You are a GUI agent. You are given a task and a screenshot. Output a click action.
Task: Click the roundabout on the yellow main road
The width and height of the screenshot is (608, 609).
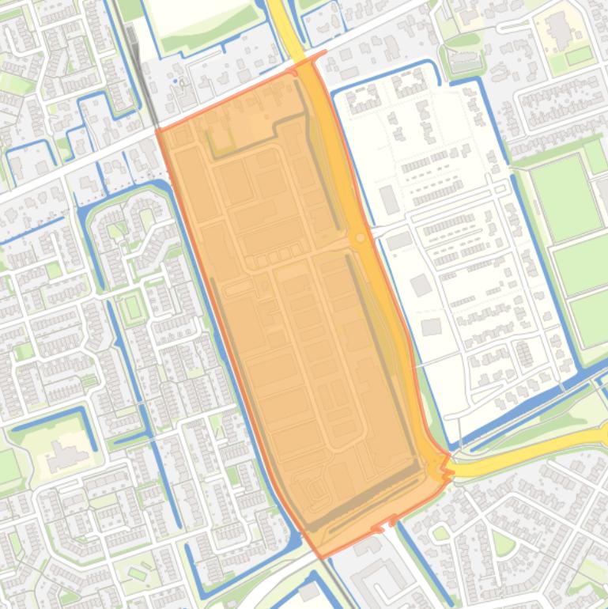pos(361,237)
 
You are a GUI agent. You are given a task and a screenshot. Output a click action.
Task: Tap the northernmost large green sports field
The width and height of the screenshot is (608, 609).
pos(566,198)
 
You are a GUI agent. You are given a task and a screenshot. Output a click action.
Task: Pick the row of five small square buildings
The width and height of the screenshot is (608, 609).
pos(274,258)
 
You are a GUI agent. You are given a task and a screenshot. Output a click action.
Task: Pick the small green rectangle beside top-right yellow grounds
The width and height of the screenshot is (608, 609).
pos(579,55)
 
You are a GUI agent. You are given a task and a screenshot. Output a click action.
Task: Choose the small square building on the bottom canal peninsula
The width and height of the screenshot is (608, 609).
pos(307,592)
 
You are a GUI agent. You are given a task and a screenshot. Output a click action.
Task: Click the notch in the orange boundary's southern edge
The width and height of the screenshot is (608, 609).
pos(391,520)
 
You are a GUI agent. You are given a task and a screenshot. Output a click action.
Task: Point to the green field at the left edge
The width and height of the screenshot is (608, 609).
pos(8,467)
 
